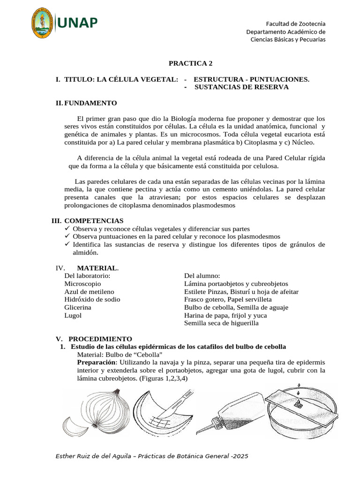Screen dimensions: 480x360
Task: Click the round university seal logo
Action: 44,23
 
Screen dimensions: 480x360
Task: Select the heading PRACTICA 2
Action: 187,63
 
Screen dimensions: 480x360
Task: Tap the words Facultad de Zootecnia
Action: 296,23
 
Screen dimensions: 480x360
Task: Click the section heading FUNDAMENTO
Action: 90,103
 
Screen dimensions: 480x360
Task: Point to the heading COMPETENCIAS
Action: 94,220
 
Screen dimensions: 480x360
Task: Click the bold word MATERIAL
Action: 97,268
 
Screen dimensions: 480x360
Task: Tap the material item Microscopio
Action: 82,284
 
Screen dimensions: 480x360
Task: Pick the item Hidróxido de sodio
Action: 92,300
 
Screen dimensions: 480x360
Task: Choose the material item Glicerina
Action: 78,307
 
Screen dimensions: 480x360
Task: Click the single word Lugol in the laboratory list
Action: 73,315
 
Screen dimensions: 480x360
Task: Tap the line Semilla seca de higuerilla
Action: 221,323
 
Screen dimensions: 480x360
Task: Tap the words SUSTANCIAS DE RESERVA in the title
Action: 241,87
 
